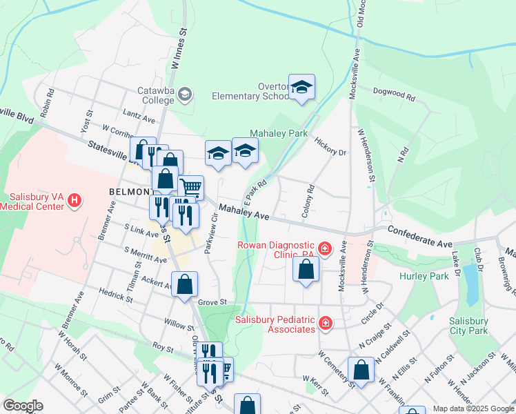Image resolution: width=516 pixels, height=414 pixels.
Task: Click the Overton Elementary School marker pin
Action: (301, 87)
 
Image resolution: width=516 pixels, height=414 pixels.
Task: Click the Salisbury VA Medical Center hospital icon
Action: (75, 201)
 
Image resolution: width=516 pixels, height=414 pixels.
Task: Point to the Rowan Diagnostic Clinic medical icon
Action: (323, 247)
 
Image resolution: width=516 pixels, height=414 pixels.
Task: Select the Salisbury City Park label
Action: (468, 326)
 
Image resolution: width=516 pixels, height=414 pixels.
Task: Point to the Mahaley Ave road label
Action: (244, 212)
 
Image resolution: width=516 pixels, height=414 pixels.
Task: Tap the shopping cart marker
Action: (191, 186)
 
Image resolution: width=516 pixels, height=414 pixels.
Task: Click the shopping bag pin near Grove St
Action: (185, 284)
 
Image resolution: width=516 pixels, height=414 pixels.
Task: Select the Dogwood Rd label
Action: (394, 94)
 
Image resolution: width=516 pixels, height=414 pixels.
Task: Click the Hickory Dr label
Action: (330, 144)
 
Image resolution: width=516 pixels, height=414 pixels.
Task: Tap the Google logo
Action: (23, 406)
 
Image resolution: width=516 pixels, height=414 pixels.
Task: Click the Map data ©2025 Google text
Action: (473, 408)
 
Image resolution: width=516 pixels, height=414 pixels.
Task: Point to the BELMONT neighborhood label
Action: (130, 190)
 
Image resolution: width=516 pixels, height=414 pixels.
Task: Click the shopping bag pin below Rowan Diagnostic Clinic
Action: (306, 268)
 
